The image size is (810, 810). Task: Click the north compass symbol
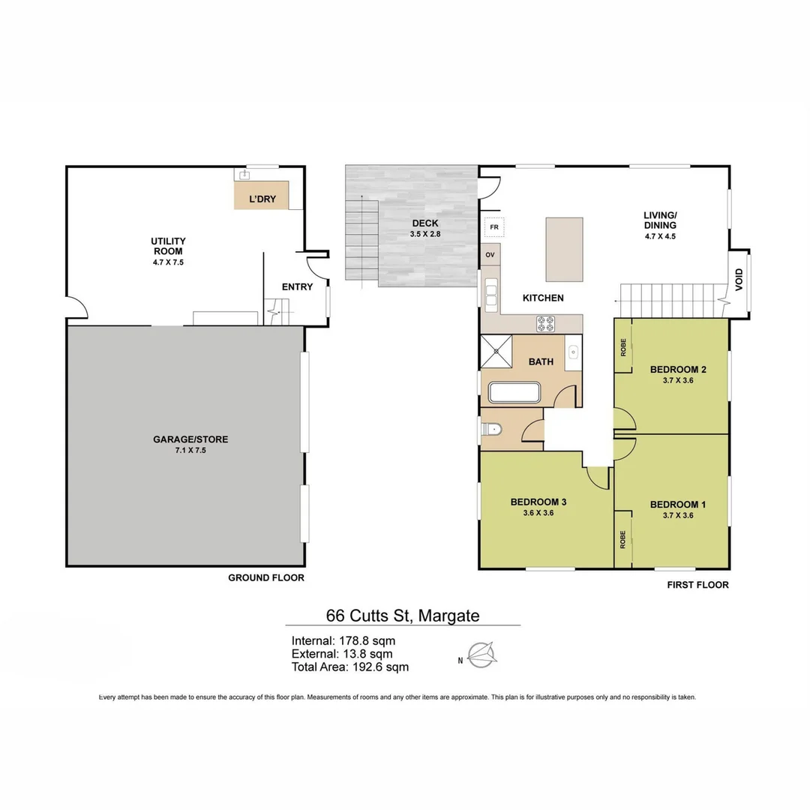tap(482, 655)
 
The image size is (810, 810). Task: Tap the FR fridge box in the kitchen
tap(494, 227)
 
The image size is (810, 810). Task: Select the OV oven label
tap(490, 255)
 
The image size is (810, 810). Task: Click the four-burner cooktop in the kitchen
tap(545, 324)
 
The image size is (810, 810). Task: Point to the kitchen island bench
tap(565, 250)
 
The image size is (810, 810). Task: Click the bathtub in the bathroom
tap(514, 393)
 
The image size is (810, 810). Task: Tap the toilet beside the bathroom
tap(491, 429)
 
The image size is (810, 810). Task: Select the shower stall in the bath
tap(496, 351)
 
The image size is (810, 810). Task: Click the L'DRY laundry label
tap(262, 199)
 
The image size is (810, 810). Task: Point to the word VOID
tap(739, 280)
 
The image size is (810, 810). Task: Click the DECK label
tap(425, 223)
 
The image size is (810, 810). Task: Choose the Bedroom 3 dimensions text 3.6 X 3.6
tap(538, 513)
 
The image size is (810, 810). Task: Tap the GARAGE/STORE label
tap(190, 439)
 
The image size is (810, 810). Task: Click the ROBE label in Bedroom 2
tap(623, 346)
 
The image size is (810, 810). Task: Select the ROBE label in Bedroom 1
tap(623, 539)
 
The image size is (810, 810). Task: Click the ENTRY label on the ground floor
tap(297, 286)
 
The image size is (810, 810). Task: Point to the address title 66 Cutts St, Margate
tap(403, 615)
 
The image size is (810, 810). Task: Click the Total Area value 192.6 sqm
tap(381, 667)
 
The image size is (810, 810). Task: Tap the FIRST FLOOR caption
tap(698, 585)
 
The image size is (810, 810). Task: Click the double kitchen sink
tap(490, 293)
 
